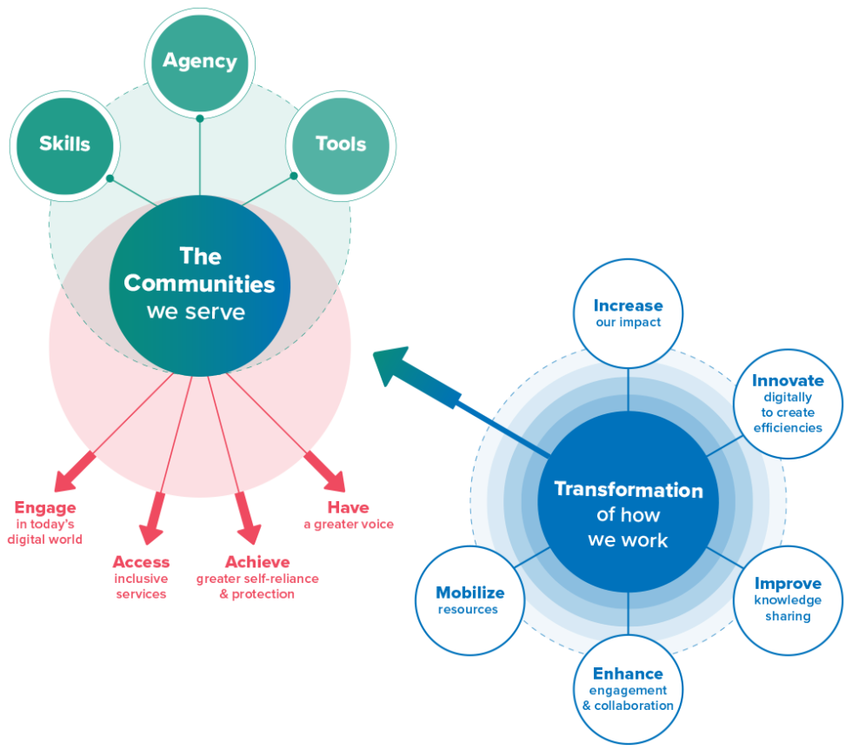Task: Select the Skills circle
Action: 65,144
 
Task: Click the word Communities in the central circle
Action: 199,284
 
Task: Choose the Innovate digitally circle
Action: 788,403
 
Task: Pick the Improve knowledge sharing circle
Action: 788,599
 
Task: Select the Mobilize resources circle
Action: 469,600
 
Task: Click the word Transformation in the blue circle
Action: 628,490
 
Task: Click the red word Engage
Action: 45,507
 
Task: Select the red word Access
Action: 141,562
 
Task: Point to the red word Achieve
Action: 257,562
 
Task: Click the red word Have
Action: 348,507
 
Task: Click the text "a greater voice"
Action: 348,525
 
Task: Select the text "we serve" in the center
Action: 196,311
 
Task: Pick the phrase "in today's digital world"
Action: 44,532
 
